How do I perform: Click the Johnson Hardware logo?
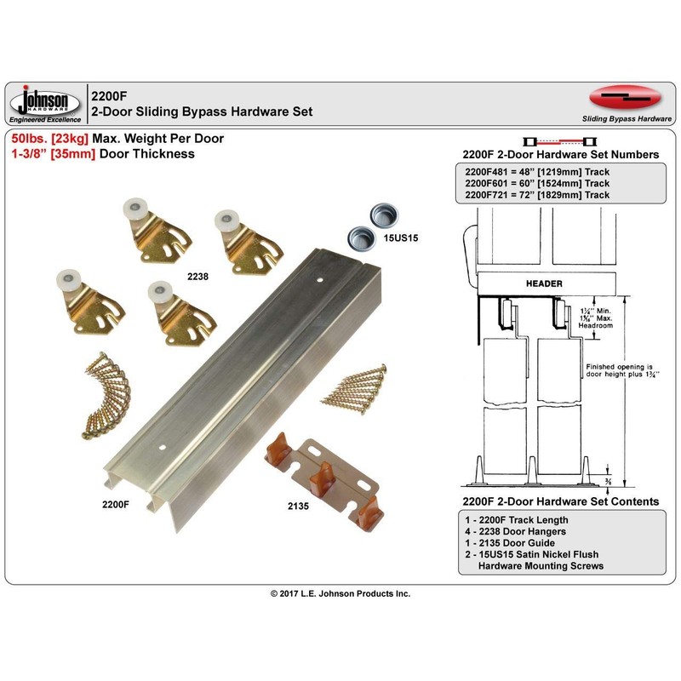point(47,103)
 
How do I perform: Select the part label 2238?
point(198,276)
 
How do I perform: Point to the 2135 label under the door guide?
point(299,505)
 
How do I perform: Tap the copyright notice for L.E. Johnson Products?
point(340,593)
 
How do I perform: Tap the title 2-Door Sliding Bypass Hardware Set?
point(202,112)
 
